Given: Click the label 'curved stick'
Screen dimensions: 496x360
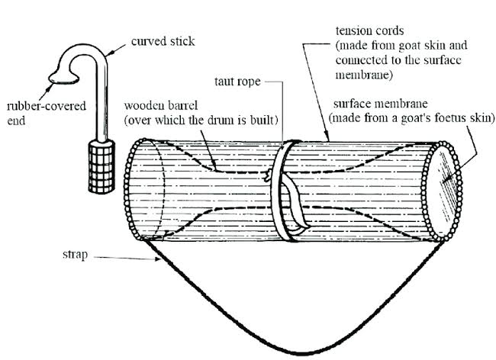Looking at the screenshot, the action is click(x=163, y=41).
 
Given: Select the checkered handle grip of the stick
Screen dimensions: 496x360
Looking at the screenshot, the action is click(x=101, y=166).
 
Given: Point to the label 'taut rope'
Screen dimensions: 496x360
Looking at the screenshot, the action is click(x=237, y=82).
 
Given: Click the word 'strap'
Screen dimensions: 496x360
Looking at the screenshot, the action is click(x=75, y=255).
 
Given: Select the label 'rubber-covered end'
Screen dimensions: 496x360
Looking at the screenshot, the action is click(x=47, y=113).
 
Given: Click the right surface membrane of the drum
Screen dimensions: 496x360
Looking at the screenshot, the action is click(x=443, y=192).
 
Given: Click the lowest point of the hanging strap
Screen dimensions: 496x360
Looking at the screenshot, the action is click(x=302, y=352).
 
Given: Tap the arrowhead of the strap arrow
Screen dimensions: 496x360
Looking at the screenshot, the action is click(x=157, y=259).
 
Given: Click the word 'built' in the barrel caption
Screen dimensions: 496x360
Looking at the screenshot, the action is click(x=265, y=120).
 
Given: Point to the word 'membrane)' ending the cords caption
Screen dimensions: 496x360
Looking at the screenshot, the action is click(x=364, y=75).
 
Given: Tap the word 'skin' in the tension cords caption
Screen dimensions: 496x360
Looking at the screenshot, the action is click(x=435, y=45).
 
